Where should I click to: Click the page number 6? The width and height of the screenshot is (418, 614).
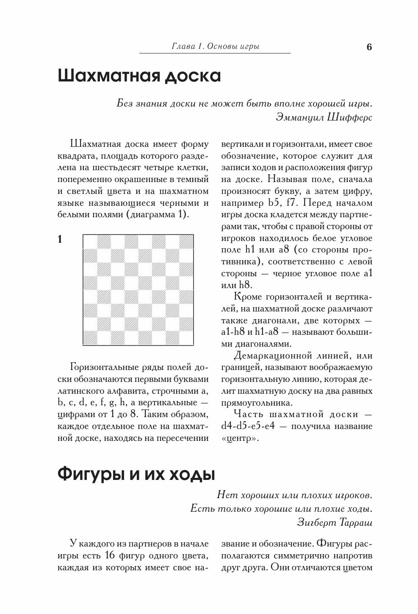click(x=369, y=47)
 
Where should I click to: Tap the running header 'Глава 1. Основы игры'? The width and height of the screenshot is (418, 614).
click(x=215, y=46)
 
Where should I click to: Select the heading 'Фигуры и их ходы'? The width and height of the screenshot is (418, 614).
click(x=136, y=474)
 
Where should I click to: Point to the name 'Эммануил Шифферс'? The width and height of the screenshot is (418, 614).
click(x=324, y=117)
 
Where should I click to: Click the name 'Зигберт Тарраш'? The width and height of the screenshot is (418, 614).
click(x=335, y=522)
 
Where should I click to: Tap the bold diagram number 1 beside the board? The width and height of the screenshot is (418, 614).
click(x=60, y=240)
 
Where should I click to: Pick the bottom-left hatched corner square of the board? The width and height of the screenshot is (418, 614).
click(x=90, y=339)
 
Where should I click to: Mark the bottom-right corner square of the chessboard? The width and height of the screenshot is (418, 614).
click(x=187, y=339)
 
